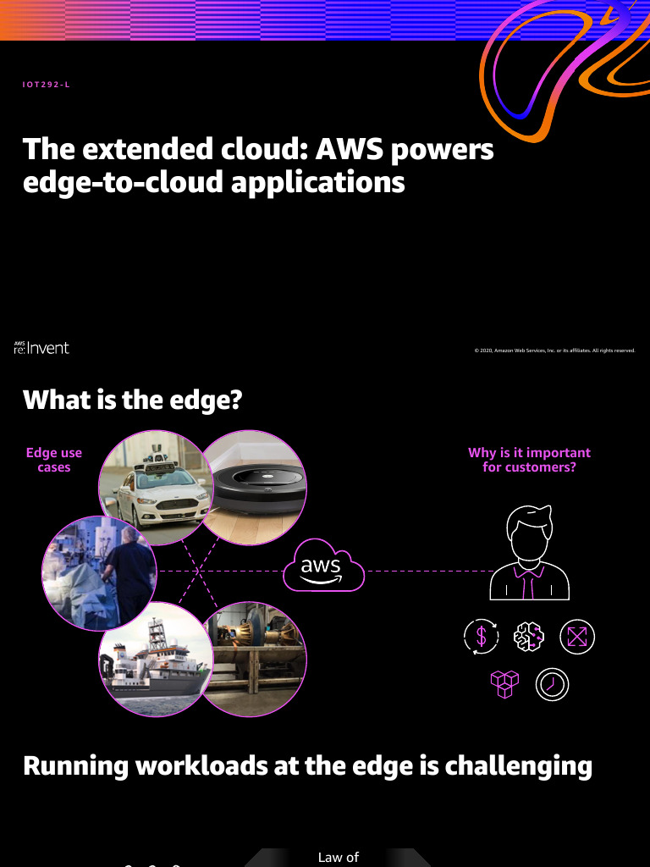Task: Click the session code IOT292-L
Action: tap(46, 85)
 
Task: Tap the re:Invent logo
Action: tap(41, 348)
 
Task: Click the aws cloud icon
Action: tap(322, 568)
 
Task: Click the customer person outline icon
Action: tap(530, 550)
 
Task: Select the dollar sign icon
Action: tap(482, 637)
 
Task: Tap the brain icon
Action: tap(530, 637)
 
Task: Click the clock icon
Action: tap(553, 684)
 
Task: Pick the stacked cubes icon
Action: tap(505, 684)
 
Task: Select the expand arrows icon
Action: tap(578, 637)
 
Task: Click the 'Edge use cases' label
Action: tap(54, 460)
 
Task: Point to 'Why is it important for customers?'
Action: tap(529, 460)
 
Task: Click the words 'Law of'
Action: tap(339, 858)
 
